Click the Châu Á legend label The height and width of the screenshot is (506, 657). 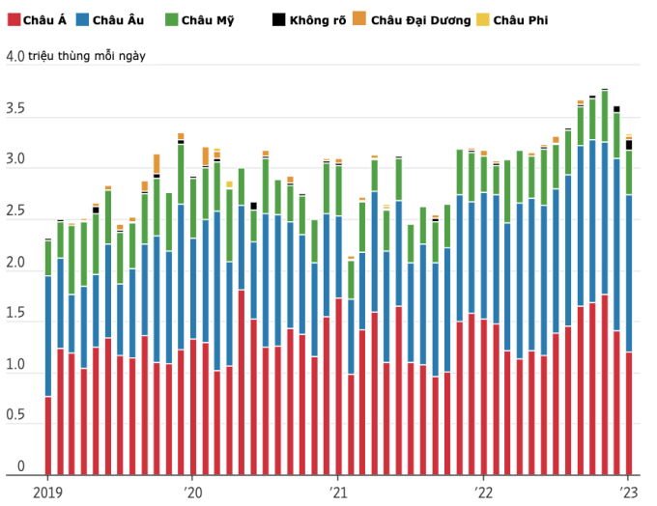45,19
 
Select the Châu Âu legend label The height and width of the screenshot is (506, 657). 121,19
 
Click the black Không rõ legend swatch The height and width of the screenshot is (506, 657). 279,19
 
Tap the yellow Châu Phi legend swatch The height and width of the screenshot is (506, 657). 484,19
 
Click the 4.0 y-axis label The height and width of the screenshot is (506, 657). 14,56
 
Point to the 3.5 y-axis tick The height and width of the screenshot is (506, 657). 14,110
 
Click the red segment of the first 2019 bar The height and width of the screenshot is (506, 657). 48,435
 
